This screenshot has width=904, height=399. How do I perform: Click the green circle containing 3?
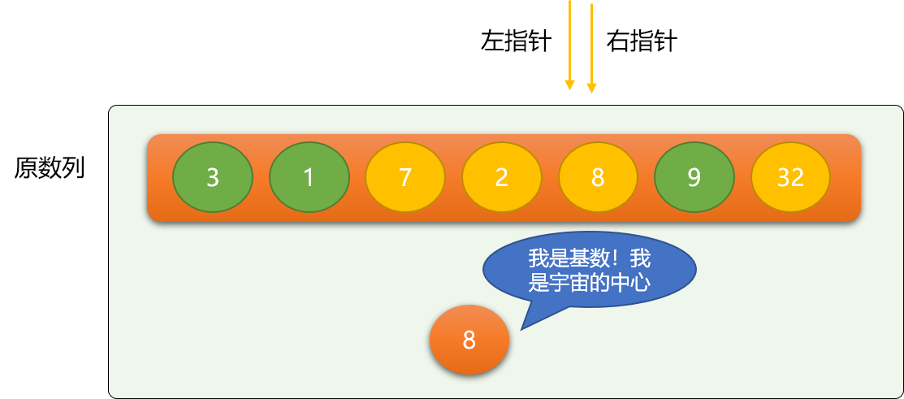pos(213,177)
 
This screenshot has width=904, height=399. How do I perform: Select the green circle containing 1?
pos(309,177)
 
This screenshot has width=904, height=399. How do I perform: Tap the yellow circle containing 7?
pos(405,177)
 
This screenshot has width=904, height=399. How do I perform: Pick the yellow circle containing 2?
pos(502,177)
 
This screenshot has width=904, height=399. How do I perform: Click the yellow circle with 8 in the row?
pos(598,177)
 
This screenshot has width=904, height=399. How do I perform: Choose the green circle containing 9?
pos(694,177)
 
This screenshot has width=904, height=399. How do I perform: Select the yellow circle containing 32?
pos(790,177)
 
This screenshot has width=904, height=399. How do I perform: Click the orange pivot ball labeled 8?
pos(469,340)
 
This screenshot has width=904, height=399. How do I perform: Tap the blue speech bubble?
pos(589,269)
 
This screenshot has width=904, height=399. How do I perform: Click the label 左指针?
pos(516,42)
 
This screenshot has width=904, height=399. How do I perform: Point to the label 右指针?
pos(642,42)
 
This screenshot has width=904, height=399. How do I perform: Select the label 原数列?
pos(50,167)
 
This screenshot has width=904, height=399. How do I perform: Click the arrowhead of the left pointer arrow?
pos(569,85)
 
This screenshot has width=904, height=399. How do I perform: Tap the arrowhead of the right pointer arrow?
pos(591,88)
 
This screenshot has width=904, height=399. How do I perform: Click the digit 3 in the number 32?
pos(784,178)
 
